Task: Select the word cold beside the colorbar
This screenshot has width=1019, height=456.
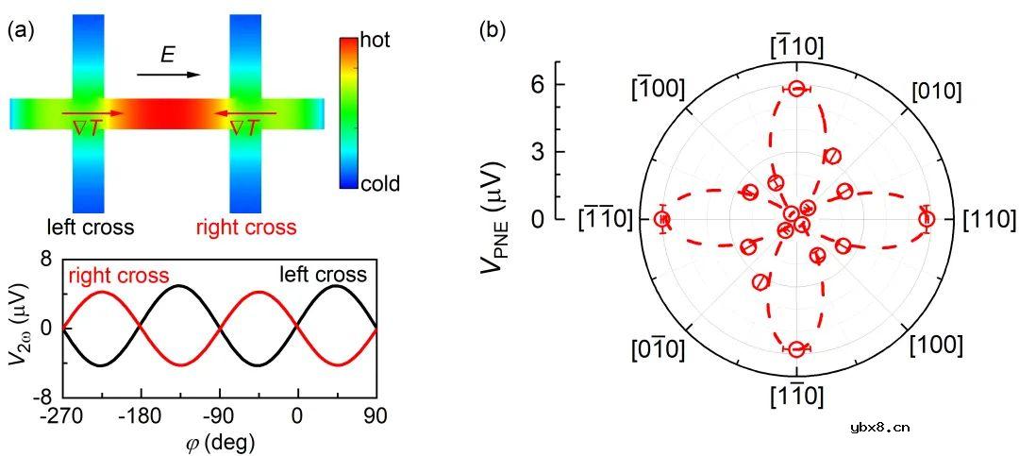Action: (379, 183)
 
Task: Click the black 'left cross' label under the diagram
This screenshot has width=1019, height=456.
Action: (90, 228)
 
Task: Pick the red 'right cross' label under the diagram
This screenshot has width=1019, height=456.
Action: (245, 228)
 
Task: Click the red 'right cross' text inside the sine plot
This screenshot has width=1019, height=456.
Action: (118, 276)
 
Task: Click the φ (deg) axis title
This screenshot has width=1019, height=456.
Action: (220, 442)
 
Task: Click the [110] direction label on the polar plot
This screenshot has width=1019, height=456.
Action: (989, 220)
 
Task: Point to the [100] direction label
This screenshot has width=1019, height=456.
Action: (936, 346)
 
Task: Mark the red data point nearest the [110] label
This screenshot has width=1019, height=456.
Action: (927, 219)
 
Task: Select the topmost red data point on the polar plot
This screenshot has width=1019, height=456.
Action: (797, 89)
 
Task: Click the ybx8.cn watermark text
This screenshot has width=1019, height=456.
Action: (879, 428)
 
